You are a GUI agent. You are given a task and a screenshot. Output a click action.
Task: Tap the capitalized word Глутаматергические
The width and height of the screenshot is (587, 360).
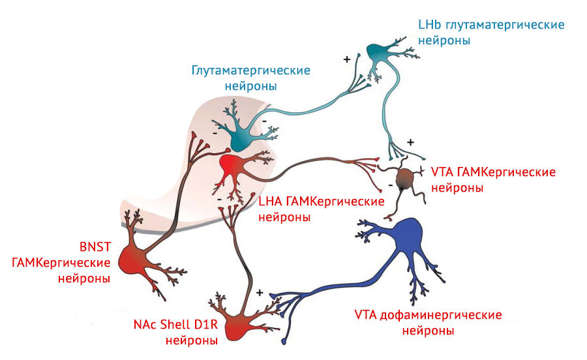250,70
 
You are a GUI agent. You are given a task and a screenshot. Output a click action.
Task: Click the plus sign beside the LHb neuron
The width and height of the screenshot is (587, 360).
347,59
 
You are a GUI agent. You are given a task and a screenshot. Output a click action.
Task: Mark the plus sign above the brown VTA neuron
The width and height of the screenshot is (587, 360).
410,142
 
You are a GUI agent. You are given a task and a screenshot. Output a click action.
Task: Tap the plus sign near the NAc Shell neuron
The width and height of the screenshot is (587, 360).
260,293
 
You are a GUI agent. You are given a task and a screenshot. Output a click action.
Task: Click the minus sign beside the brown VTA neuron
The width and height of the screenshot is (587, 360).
390,185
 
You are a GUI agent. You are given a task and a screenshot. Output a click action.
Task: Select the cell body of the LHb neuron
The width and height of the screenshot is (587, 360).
378,52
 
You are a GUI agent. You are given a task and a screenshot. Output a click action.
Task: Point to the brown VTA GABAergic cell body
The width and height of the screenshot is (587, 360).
406,179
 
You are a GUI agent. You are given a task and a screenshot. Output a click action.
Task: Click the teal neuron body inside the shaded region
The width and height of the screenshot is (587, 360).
237,134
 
